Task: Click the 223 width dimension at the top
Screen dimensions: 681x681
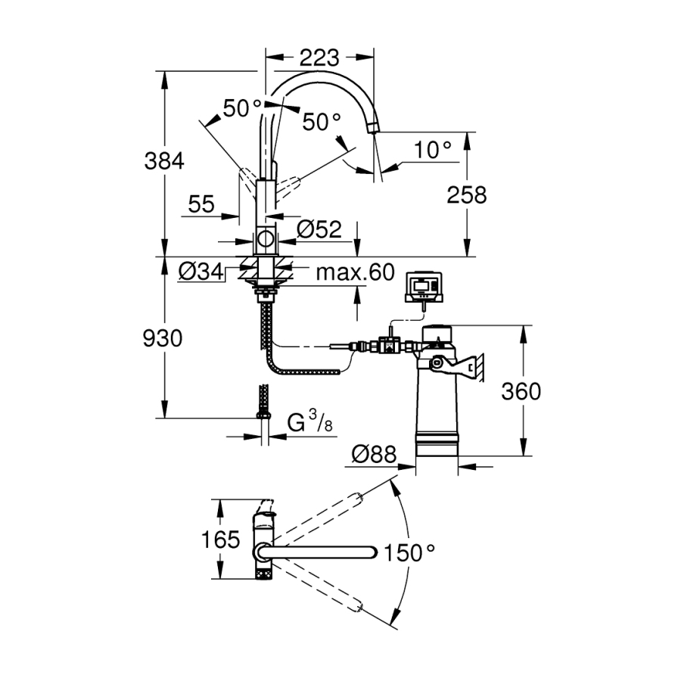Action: pos(320,57)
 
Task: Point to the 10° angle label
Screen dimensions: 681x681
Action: pos(432,150)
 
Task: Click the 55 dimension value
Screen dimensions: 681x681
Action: pos(201,204)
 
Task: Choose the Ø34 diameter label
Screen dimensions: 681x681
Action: pos(201,270)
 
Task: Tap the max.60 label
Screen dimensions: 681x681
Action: pos(356,272)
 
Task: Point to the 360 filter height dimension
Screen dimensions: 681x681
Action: pos(521,391)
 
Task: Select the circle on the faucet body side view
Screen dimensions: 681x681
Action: pos(266,239)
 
